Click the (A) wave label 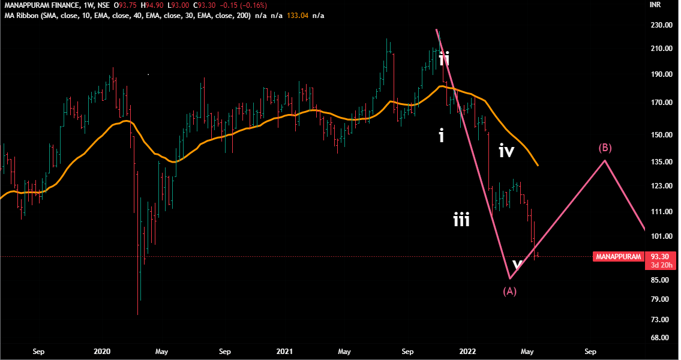click(x=509, y=291)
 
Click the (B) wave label click(x=605, y=148)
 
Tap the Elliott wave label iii click(x=461, y=221)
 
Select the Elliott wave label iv click(x=506, y=151)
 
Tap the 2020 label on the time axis click(x=103, y=351)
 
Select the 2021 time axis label click(x=284, y=351)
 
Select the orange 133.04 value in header click(x=298, y=15)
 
